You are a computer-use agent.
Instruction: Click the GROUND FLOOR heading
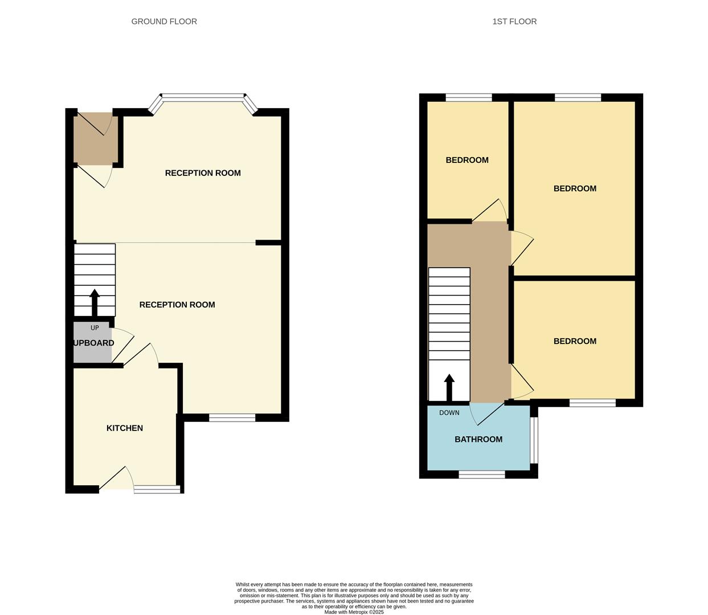164,22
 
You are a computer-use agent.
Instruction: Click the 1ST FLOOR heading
514,22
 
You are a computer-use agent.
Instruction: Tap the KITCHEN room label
125,428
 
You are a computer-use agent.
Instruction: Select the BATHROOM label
478,439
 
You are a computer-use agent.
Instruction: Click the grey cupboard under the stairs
92,343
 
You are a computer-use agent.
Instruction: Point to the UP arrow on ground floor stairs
95,302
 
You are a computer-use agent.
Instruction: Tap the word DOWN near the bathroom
449,413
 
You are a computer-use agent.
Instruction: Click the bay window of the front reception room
203,97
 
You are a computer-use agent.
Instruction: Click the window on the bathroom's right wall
534,441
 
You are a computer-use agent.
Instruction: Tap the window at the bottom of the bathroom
481,474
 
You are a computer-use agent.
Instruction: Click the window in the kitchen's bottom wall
157,489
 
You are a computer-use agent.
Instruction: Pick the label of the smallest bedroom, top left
467,160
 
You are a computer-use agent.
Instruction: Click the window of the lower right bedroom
592,403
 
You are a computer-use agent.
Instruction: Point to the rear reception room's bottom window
232,418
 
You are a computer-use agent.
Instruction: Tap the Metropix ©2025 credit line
354,612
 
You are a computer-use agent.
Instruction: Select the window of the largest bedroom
578,97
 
